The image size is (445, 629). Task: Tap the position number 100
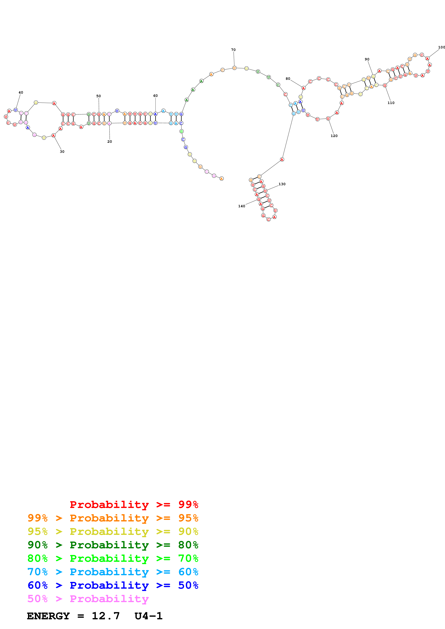pos(441,47)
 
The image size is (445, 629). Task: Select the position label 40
pos(21,93)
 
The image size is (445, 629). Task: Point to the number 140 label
pos(241,206)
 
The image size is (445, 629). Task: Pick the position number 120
pos(334,136)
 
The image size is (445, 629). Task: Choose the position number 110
pos(391,103)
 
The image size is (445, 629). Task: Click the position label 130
pos(282,184)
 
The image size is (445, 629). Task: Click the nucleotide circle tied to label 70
pos(234,68)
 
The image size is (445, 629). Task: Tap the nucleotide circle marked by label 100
pos(427,58)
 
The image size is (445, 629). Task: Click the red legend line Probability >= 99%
pos(134,505)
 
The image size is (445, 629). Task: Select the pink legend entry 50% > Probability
pos(88,599)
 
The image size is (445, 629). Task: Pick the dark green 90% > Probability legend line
pos(113,545)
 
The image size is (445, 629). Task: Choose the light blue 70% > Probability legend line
pos(113,572)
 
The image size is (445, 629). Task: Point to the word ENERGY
pos(48,616)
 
